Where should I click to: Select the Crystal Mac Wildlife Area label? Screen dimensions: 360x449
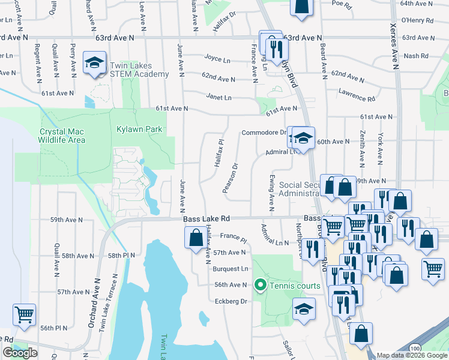(x=62, y=136)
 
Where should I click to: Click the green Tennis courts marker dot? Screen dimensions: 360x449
(x=261, y=285)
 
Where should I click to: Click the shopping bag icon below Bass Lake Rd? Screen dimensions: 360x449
(x=196, y=238)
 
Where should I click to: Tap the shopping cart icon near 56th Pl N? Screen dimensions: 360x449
(x=24, y=314)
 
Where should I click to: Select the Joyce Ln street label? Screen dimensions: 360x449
(x=217, y=60)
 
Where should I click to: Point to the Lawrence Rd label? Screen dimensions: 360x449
(x=356, y=95)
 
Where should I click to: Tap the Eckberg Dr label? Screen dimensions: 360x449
(x=235, y=301)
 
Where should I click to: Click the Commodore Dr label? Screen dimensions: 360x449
(x=264, y=133)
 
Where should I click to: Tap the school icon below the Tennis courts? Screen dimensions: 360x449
(x=304, y=309)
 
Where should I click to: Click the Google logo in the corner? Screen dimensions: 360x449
(x=20, y=353)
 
